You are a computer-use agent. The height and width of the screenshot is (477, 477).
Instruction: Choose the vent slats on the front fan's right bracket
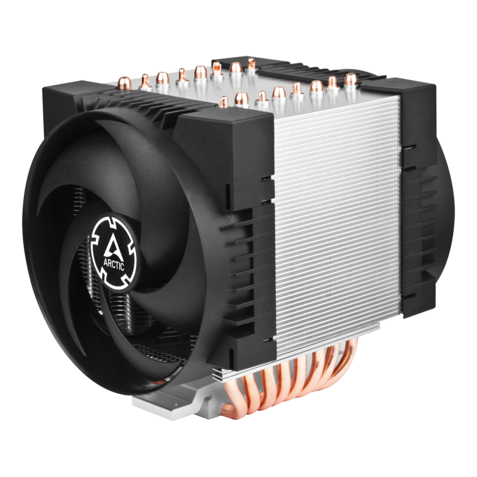[x=248, y=267]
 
